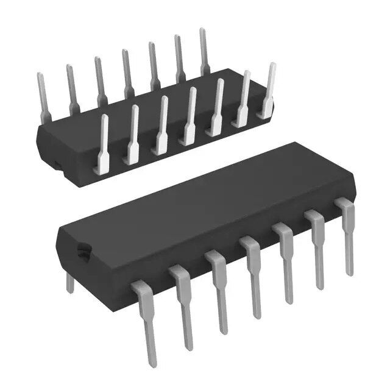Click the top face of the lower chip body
201,201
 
